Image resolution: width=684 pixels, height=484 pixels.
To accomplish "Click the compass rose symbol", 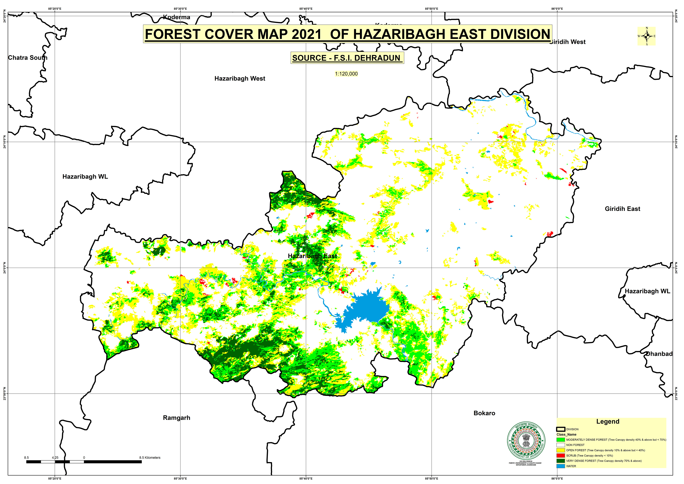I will pos(646,36).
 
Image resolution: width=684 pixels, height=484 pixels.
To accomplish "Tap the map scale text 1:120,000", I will pos(346,74).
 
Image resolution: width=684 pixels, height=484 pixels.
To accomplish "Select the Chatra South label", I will pos(27,58).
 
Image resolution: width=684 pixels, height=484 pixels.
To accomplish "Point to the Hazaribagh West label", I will pos(240,78).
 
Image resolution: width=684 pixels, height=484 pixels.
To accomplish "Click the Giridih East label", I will pos(622,209).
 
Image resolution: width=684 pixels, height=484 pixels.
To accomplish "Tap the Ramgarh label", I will pos(176,418).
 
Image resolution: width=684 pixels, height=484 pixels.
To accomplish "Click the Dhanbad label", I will pos(659,354).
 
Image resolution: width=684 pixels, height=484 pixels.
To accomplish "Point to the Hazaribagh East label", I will pos(312,256).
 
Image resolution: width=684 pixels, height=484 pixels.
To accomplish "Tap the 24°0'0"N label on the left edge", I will pos(4,267).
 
